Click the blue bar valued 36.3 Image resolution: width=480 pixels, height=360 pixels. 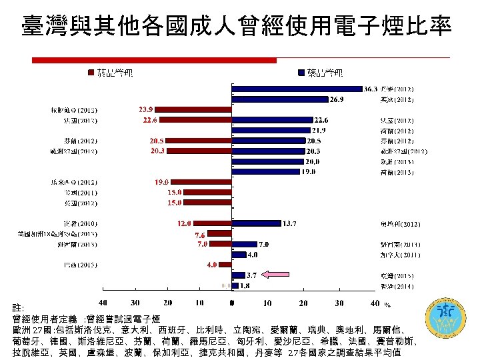[296, 89]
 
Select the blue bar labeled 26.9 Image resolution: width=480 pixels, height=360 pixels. [279, 99]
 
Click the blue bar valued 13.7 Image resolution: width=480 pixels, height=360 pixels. [255, 223]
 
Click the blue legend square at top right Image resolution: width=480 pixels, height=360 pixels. [302, 72]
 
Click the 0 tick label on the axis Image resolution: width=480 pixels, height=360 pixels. [231, 304]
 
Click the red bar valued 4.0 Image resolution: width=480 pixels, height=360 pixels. [225, 265]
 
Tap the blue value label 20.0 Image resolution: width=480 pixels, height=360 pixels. [312, 161]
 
